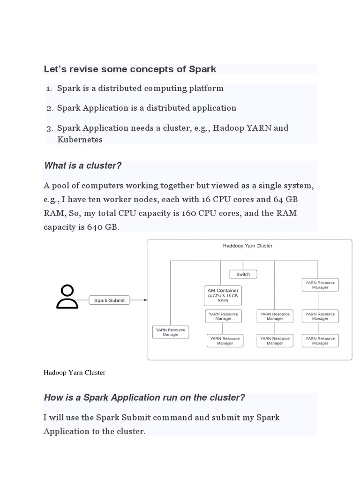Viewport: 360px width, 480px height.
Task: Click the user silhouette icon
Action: (67, 297)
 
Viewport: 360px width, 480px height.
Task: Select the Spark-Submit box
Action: (109, 300)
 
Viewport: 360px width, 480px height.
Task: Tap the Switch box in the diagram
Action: (243, 274)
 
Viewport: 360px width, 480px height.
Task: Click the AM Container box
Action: (223, 295)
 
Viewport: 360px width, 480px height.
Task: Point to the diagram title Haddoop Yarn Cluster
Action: (247, 246)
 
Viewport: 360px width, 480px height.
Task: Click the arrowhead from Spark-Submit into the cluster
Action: (146, 300)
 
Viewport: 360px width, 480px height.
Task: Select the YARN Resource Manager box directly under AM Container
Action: (223, 316)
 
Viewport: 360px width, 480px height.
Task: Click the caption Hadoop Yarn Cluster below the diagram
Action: (74, 373)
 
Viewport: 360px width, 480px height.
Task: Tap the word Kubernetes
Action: (80, 139)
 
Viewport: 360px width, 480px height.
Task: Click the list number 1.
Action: (49, 89)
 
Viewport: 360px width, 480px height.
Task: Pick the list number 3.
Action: (49, 128)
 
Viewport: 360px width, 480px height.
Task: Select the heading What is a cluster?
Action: (82, 165)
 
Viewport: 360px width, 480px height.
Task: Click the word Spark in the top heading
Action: (202, 69)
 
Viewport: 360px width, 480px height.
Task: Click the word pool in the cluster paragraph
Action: (62, 186)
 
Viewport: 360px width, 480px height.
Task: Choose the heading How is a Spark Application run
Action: (144, 397)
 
